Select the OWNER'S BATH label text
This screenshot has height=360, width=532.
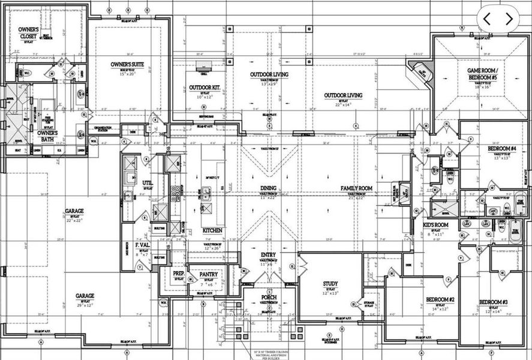tap(47, 133)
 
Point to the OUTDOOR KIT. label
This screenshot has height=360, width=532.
tap(205, 88)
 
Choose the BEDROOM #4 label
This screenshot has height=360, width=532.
tap(502, 148)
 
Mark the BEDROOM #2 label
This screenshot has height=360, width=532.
tap(440, 299)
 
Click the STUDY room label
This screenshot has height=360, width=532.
tap(330, 284)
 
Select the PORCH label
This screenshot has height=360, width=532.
tap(268, 298)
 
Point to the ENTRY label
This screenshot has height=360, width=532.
tap(268, 255)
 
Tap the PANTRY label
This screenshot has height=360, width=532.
tap(209, 274)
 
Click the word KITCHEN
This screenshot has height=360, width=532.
tap(212, 230)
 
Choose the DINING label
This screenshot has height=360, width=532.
tap(268, 188)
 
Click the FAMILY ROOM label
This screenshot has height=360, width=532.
tap(356, 188)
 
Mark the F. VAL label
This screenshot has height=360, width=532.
tap(142, 245)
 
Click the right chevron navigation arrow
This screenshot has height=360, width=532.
tap(509, 19)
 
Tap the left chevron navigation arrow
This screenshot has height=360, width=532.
tap(486, 19)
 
